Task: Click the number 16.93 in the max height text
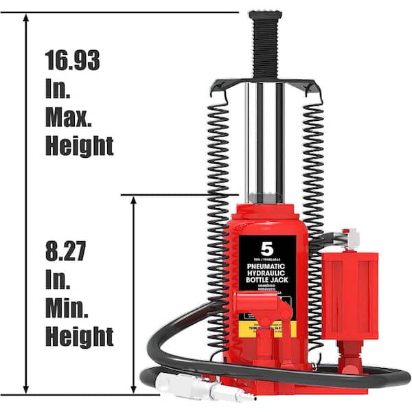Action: tap(72, 60)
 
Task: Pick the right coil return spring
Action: tap(314, 172)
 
